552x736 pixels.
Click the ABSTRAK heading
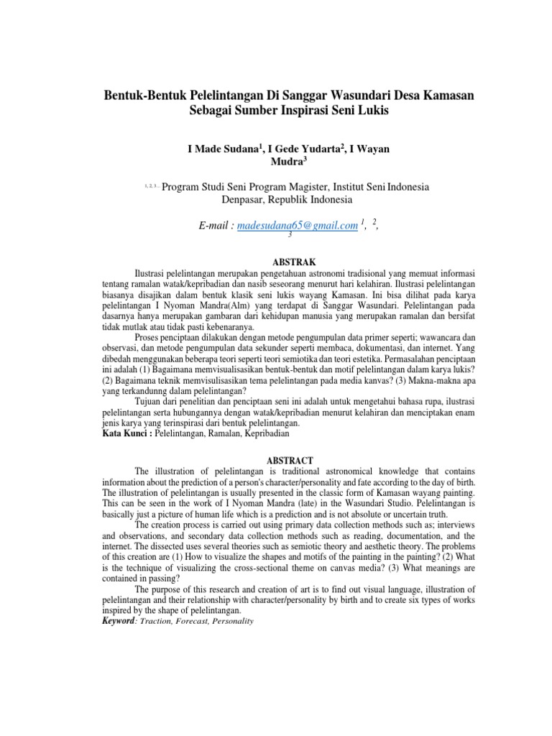point(287,262)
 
